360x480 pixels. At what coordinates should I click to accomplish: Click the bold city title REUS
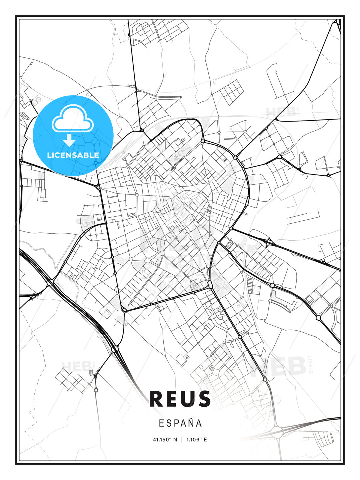click(180, 399)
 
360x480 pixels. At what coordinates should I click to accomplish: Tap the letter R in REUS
click(157, 399)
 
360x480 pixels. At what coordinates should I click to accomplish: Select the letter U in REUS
click(188, 399)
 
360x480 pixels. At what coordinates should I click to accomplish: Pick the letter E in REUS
click(173, 399)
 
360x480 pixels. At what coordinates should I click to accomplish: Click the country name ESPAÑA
click(180, 423)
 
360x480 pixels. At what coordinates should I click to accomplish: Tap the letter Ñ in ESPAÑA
click(190, 423)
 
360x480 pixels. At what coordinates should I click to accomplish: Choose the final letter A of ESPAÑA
click(199, 423)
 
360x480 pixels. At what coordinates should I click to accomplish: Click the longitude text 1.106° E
click(196, 440)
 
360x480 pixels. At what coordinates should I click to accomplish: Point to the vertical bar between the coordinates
click(182, 440)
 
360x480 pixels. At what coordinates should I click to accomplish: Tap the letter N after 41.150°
click(176, 440)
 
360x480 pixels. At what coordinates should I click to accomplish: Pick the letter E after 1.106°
click(205, 440)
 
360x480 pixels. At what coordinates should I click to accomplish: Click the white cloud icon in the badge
click(73, 119)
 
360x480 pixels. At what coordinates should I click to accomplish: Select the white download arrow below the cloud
click(69, 140)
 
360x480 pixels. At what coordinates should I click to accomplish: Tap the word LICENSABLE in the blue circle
click(73, 155)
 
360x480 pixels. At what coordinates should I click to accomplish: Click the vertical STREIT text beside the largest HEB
click(311, 364)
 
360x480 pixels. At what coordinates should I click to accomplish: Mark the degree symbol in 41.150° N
click(171, 438)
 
